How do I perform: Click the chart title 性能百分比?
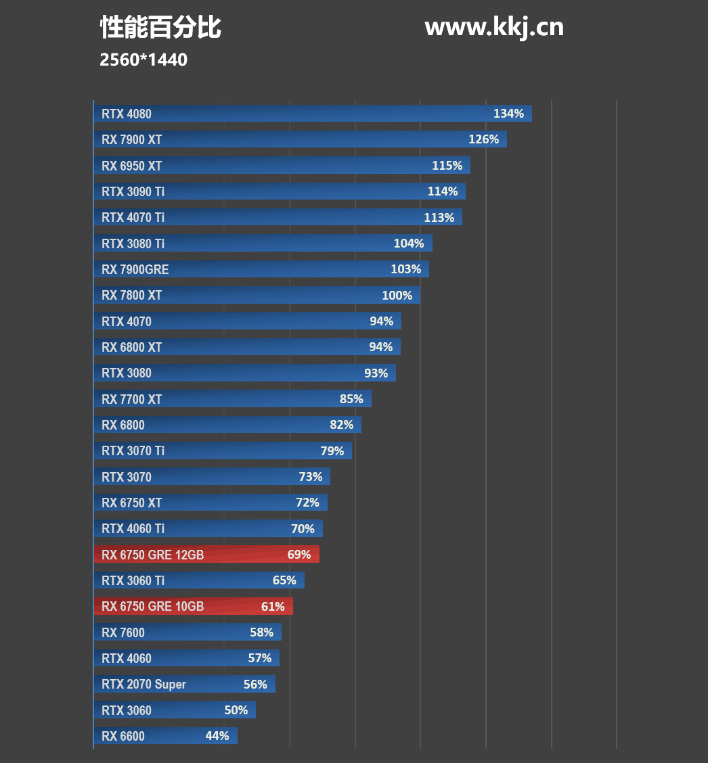[160, 28]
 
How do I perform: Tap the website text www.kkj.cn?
[494, 27]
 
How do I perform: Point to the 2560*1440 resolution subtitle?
[143, 60]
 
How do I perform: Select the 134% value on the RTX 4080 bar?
[508, 114]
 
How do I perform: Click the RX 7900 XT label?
[132, 140]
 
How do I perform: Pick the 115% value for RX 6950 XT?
[447, 166]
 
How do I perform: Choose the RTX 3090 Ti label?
[133, 191]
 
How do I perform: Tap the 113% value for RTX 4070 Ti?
[439, 217]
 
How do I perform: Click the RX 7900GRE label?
[135, 269]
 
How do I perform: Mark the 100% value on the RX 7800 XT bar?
[397, 296]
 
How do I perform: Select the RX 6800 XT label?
[132, 347]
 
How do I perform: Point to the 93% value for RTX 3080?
[376, 373]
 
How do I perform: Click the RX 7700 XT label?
[132, 399]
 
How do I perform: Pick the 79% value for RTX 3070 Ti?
[332, 451]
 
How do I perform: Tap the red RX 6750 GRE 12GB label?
[153, 555]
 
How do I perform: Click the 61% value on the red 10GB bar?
[273, 607]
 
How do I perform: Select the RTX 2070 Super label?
[144, 685]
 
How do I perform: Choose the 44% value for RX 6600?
[217, 736]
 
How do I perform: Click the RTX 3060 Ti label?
[133, 580]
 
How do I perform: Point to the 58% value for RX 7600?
[261, 632]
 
